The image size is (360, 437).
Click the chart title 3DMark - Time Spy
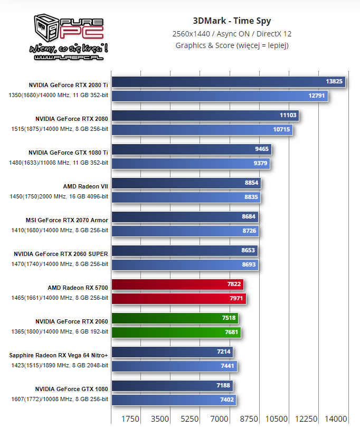[232, 21]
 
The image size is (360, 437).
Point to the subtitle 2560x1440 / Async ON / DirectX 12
[232, 33]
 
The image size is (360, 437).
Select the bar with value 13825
[228, 81]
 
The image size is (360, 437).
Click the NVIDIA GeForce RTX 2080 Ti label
[69, 84]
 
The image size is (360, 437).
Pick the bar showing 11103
[206, 115]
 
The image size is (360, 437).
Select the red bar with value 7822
[177, 284]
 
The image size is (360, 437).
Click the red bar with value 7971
[178, 298]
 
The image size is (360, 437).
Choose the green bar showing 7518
[175, 318]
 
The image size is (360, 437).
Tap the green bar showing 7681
[176, 332]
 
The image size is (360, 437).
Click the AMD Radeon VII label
[86, 186]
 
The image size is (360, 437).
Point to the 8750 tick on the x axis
[249, 419]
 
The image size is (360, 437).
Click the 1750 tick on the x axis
[130, 419]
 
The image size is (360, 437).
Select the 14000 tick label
[336, 419]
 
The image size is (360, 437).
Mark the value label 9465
[262, 149]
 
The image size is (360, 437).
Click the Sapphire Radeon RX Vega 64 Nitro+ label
[59, 355]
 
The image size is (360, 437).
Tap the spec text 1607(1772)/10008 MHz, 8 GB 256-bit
[59, 399]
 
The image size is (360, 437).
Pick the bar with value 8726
[185, 231]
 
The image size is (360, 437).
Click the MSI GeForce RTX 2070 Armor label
[67, 220]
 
